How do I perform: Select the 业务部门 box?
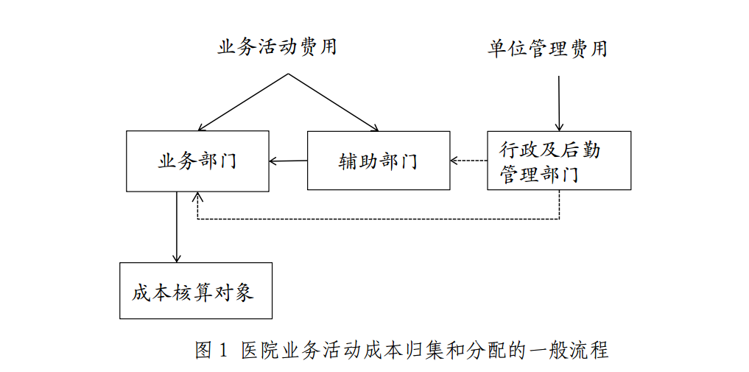point(197,161)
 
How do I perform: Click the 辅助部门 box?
point(378,161)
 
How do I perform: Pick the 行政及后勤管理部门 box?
point(559,161)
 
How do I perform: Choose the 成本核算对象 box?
point(196,291)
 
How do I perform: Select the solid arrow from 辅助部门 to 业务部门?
point(288,161)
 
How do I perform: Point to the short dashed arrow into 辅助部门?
point(468,161)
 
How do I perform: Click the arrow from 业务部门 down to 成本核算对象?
point(177,227)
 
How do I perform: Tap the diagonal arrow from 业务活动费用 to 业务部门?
point(243,102)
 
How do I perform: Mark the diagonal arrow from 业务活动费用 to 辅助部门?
point(333,102)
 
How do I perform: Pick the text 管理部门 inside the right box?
point(538,174)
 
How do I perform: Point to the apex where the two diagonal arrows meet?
point(288,74)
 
